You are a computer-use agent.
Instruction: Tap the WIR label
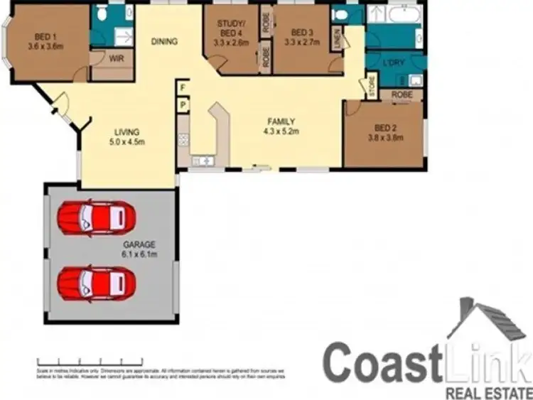click(x=117, y=59)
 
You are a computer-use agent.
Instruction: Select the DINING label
click(x=164, y=42)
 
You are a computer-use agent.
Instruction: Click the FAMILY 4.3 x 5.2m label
click(x=281, y=126)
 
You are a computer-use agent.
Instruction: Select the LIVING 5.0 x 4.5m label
click(x=127, y=136)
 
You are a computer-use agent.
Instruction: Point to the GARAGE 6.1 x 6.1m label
click(x=139, y=249)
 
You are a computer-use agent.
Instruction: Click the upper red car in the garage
click(x=96, y=216)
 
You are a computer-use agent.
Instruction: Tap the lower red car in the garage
click(x=96, y=283)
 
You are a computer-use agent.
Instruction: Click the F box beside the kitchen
click(x=183, y=88)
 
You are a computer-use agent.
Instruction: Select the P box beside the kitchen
click(x=183, y=104)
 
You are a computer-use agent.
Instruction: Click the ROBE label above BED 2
click(x=402, y=94)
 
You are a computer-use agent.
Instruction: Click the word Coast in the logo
click(x=378, y=362)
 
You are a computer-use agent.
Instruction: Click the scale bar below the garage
click(x=80, y=360)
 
